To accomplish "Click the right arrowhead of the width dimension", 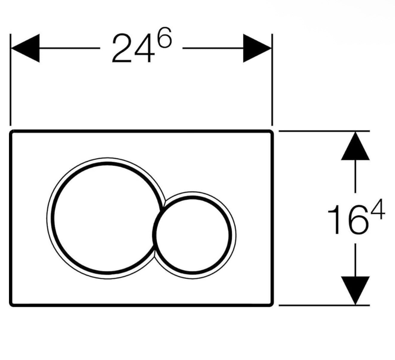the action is [x=257, y=48].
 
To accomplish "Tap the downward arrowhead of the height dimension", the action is [x=355, y=290].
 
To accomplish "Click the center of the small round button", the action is [x=193, y=236].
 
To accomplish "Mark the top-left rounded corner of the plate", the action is [x=12, y=132].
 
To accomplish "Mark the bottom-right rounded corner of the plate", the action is [x=271, y=304].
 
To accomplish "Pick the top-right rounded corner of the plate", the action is [x=271, y=132].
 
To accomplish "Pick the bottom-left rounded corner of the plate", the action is [x=12, y=304].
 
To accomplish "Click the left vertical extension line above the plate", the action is [x=10, y=80].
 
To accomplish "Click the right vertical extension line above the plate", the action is [x=272, y=80].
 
